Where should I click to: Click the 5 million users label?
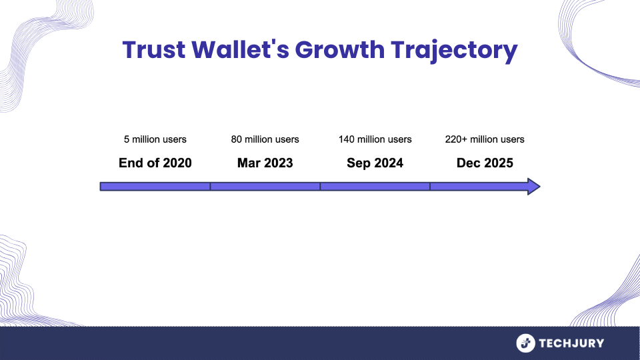155,139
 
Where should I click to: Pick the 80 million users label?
265,139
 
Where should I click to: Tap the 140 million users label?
375,139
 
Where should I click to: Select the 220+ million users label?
485,139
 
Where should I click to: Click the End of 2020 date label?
155,163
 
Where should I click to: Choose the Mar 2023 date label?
265,163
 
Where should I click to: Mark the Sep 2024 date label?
375,163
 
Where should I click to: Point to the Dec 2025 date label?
485,163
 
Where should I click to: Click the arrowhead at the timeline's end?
533,186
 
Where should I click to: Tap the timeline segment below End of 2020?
155,186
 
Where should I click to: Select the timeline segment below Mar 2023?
265,186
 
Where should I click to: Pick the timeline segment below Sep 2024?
375,186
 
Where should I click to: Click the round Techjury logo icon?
526,343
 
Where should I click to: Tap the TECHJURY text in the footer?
573,343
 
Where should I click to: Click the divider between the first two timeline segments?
210,186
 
